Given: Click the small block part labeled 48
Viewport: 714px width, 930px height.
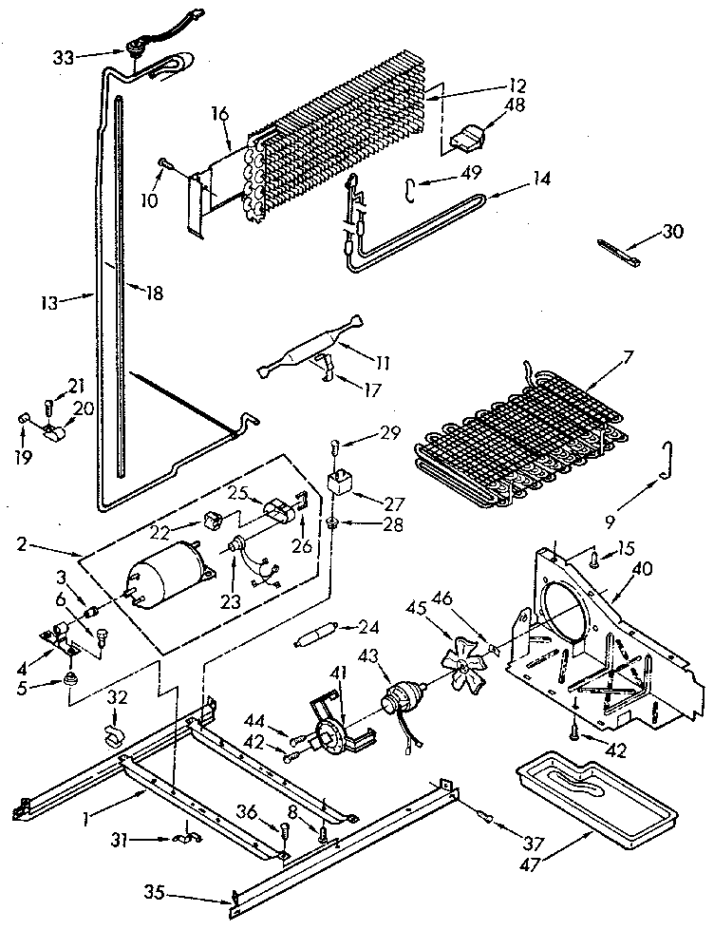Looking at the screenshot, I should (464, 139).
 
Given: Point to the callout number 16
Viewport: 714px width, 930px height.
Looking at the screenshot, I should (219, 114).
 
